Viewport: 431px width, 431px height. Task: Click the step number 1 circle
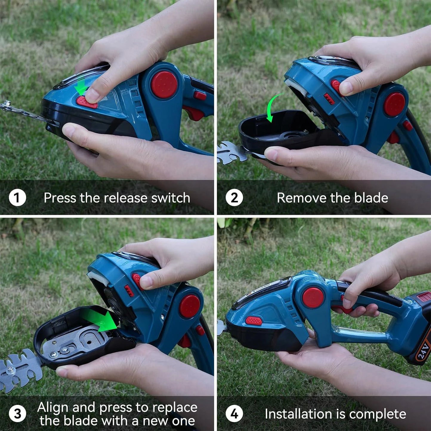tap(17, 198)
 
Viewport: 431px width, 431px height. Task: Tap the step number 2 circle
tap(234, 198)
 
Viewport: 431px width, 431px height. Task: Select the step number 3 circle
tap(17, 414)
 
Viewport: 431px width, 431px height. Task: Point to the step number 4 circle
tap(234, 414)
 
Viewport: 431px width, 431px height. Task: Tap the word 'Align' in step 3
tap(53, 407)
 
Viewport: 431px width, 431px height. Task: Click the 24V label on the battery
tap(423, 350)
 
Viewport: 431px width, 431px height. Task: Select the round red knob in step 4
tap(313, 298)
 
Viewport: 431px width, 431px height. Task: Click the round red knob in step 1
tap(164, 85)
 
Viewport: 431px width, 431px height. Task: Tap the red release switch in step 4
tap(254, 321)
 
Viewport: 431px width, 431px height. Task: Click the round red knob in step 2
tap(394, 104)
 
